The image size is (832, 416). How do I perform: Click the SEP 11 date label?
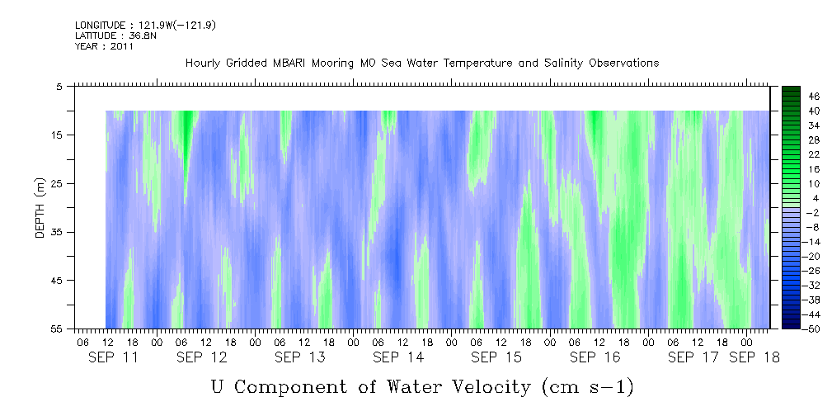click(x=113, y=357)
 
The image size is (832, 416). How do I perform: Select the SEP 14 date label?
click(x=398, y=357)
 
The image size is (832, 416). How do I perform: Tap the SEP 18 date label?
click(x=754, y=357)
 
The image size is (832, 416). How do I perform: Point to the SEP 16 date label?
click(x=595, y=357)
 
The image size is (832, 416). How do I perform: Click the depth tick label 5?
click(x=59, y=86)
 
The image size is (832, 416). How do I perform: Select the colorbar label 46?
click(x=814, y=97)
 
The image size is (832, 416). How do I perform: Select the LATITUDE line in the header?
click(x=104, y=36)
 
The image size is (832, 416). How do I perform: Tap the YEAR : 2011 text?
click(x=104, y=46)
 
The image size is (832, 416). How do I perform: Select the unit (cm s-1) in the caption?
click(x=587, y=386)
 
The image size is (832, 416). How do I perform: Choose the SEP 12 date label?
click(x=202, y=357)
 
